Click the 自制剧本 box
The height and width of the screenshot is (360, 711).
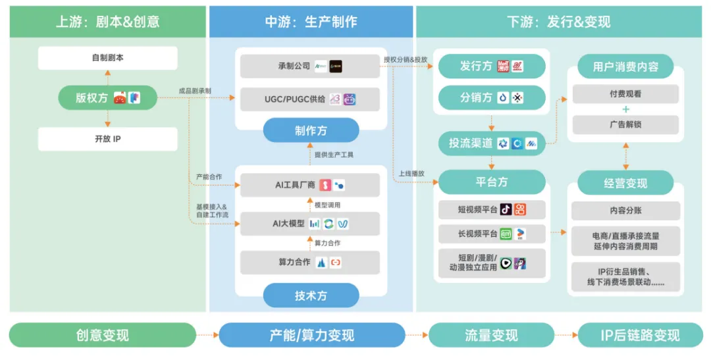107,58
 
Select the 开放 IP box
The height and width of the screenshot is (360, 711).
107,139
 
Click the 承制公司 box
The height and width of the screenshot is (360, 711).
310,66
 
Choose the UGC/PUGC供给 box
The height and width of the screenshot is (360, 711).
310,99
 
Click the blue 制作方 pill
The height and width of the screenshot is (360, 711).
311,130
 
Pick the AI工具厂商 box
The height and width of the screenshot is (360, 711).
310,185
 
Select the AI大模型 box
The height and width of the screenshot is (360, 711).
310,224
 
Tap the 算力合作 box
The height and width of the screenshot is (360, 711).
310,262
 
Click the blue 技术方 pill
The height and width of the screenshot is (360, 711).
311,296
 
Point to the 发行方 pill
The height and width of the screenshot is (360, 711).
492,66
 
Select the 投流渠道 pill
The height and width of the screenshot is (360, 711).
492,143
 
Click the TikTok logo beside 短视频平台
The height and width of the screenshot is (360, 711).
505,209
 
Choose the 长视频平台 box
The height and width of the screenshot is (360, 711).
492,234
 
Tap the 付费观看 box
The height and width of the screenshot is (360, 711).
625,94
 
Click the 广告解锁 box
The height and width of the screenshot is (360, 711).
625,124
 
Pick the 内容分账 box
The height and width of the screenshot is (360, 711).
625,211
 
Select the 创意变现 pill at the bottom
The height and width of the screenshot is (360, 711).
103,335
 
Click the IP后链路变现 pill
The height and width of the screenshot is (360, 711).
639,335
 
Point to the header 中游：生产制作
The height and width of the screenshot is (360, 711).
311,22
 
